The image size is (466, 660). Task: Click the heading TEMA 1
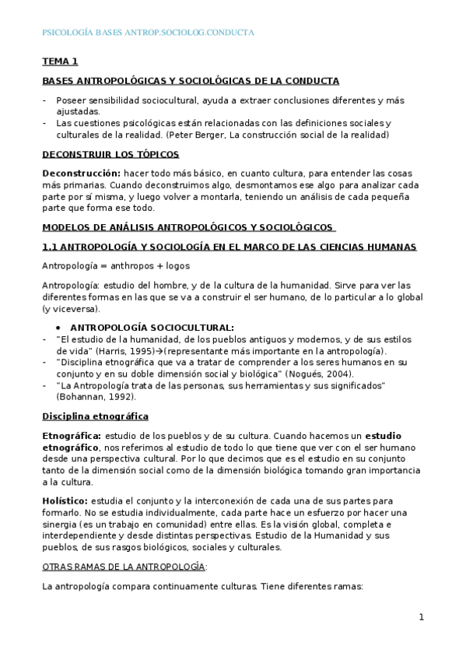[x=60, y=61]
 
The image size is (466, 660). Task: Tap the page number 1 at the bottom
[x=421, y=617]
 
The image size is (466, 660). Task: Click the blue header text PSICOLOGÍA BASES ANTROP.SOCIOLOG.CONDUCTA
[x=147, y=33]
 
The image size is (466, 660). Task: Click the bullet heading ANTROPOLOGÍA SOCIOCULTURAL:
[x=158, y=328]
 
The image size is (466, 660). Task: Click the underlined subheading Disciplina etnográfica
[x=95, y=416]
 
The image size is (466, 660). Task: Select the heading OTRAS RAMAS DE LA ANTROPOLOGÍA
[x=124, y=566]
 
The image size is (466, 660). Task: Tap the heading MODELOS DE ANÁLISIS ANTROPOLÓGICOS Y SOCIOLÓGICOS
[x=187, y=227]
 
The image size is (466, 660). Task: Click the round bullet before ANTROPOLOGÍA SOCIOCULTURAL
[x=70, y=328]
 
